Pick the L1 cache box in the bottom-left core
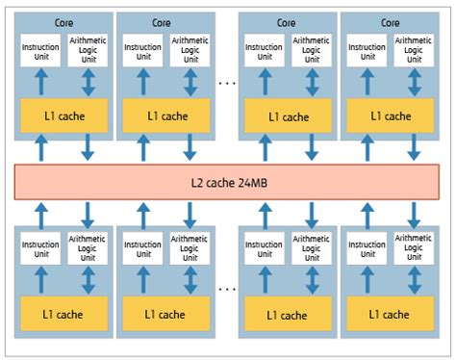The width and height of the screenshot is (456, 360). coord(63,313)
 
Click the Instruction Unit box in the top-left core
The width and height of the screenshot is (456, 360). coord(40,49)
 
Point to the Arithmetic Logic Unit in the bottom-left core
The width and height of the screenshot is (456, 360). coord(88,246)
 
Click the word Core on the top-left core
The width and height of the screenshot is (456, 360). coord(63,20)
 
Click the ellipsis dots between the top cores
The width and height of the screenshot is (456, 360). coord(228,83)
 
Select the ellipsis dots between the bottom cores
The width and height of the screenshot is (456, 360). coord(228,287)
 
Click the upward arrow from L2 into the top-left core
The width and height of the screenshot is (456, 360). coord(40,147)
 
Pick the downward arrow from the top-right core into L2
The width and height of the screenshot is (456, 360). coord(415,147)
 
